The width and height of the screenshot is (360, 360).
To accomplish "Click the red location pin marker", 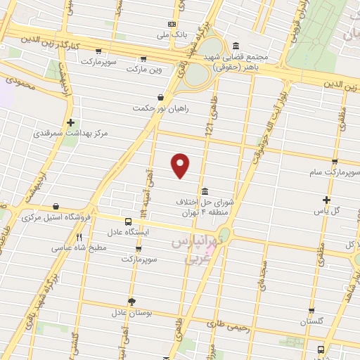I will (181, 165).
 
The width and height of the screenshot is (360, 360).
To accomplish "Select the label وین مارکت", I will (143, 69).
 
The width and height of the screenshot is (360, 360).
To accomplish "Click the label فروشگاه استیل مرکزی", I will (55, 217).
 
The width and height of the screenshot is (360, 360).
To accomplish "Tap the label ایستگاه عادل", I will (126, 231).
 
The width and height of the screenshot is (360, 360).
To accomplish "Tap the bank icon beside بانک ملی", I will (171, 23).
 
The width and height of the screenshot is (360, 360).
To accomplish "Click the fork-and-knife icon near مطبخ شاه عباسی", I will (79, 238).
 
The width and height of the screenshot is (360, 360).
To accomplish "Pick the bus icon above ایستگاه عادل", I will (127, 221).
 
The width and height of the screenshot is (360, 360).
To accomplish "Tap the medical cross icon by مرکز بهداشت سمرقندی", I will (71, 122).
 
